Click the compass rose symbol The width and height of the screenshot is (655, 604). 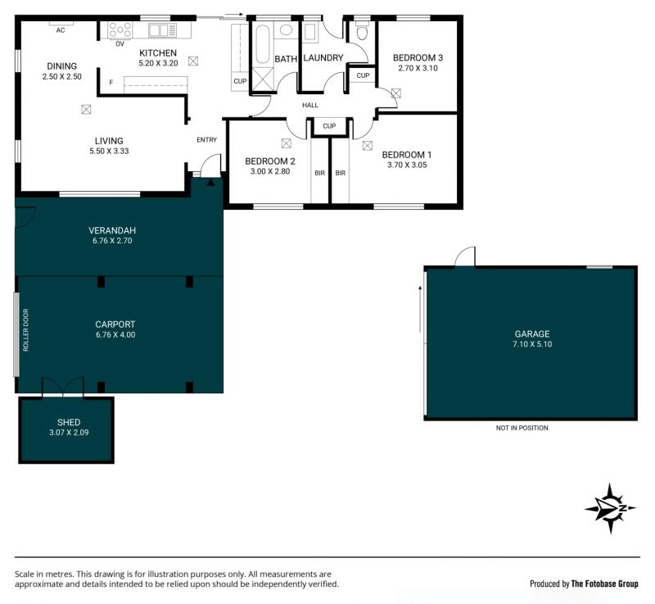[610, 508]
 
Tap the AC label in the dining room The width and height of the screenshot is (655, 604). [61, 30]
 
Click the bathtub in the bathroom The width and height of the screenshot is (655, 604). [263, 44]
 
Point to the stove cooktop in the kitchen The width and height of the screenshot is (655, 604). [120, 30]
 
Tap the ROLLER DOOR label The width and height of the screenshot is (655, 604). [26, 329]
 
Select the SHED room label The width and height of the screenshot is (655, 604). [69, 423]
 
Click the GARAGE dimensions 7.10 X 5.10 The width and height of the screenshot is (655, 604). [532, 344]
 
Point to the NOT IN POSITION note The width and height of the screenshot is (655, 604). [522, 428]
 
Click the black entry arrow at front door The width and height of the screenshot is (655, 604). [211, 182]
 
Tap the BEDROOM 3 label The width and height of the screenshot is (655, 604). [418, 57]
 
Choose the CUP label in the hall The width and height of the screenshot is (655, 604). [329, 126]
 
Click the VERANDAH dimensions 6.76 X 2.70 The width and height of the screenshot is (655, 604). [112, 241]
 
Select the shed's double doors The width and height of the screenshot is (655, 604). [63, 387]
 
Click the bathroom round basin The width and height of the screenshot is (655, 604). [286, 30]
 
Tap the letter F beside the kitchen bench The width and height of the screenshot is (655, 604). [111, 83]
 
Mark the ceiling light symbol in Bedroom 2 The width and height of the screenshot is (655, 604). [286, 143]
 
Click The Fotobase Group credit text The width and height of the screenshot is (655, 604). [604, 584]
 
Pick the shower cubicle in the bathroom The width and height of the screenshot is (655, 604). [263, 79]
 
